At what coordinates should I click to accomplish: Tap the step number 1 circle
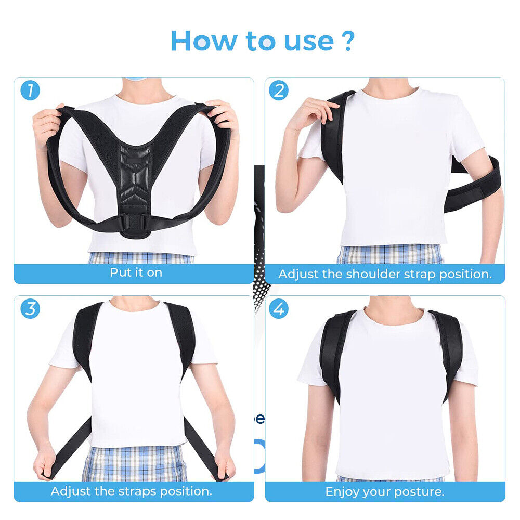(30, 90)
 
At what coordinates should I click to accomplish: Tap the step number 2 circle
(279, 90)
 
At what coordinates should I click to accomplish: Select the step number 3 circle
(30, 308)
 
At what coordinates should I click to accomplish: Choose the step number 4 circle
(279, 308)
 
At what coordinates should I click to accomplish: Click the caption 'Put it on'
(136, 272)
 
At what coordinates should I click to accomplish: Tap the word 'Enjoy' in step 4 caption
(343, 491)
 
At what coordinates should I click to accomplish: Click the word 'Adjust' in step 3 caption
(70, 491)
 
